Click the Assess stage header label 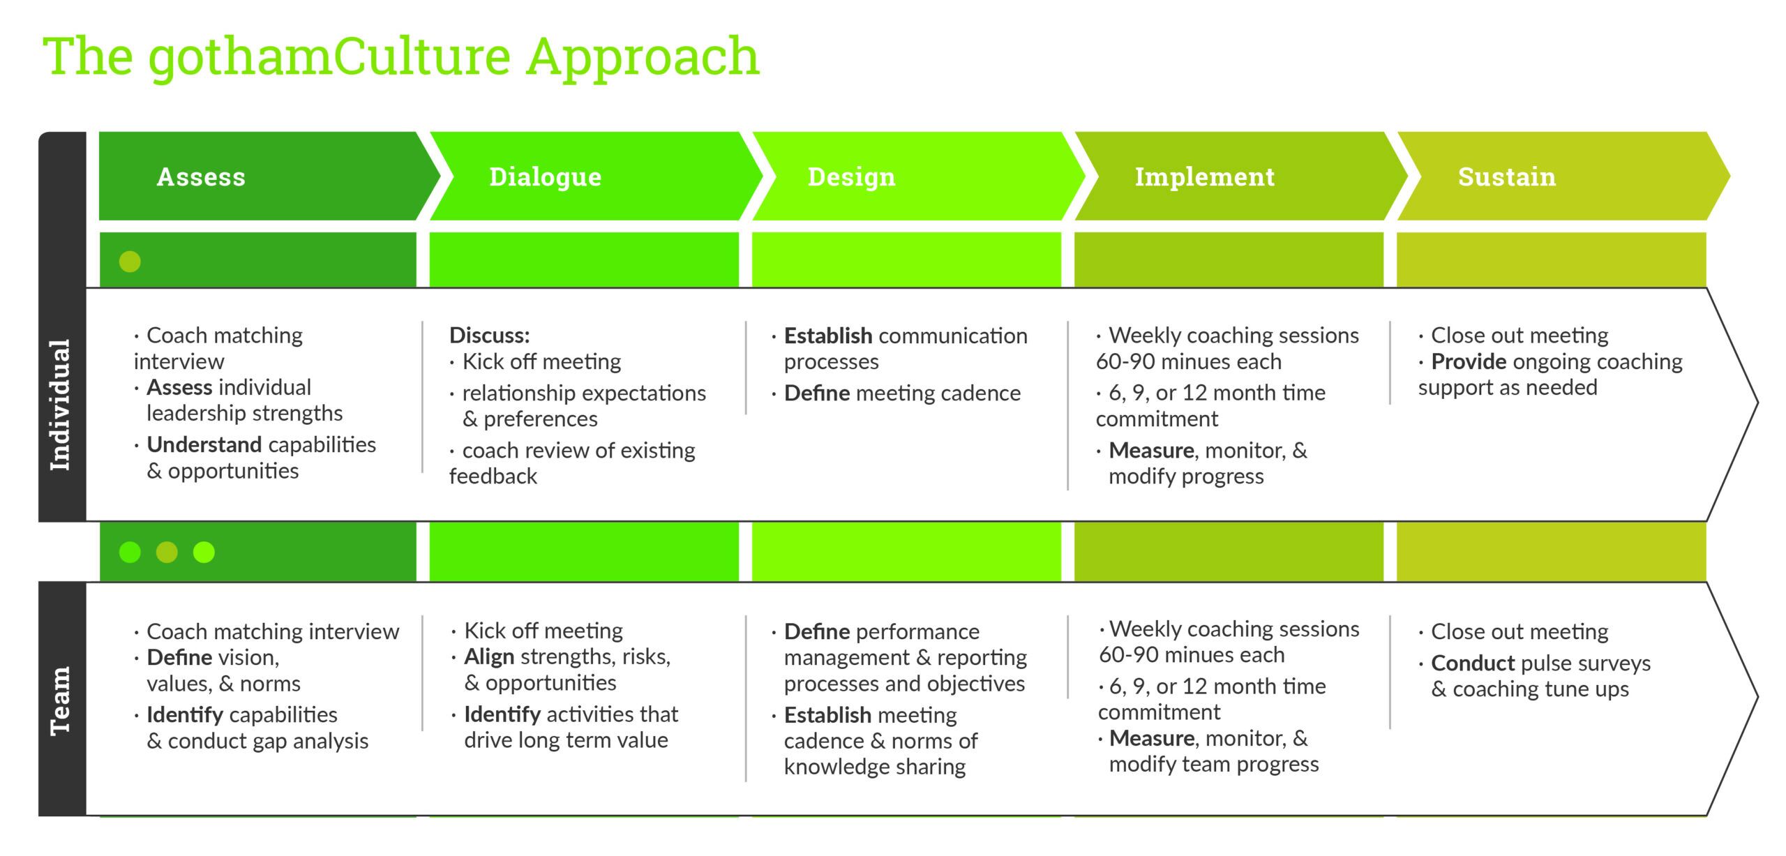point(201,177)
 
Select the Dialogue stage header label point(545,177)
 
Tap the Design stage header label point(851,177)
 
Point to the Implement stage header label point(1204,177)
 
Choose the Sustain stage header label point(1506,177)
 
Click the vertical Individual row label point(61,405)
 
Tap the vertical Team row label point(61,700)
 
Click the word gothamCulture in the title point(329,57)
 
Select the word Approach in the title point(643,57)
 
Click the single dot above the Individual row point(130,262)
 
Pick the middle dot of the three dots point(167,553)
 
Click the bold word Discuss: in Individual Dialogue point(489,336)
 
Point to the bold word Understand point(204,444)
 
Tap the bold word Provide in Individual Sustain point(1469,361)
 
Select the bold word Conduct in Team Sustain point(1473,663)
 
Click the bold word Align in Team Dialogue point(489,656)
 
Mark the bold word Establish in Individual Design point(827,336)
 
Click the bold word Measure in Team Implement point(1151,738)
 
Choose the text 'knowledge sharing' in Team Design point(875,767)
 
